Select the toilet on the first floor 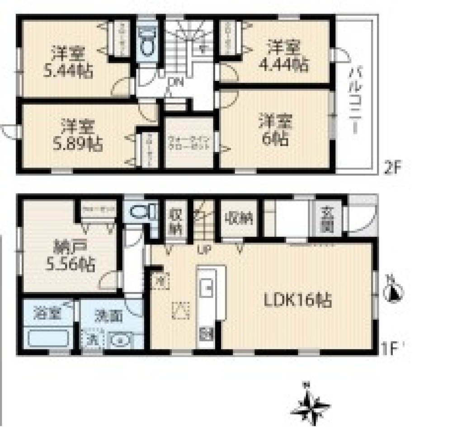tap(141, 211)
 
